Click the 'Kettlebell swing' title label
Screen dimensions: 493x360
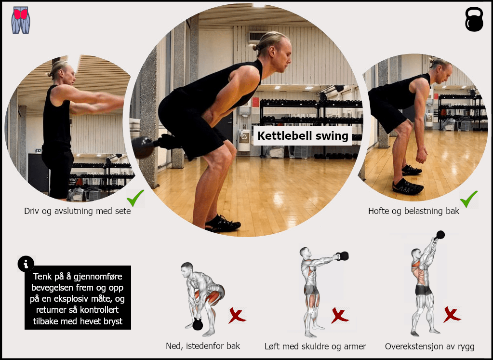pos(303,136)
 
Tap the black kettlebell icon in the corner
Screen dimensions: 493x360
pos(474,19)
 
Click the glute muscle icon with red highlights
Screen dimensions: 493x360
pos(21,20)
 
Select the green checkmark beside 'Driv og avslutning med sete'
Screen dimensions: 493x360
pos(135,198)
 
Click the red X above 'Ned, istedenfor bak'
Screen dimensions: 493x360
pos(237,316)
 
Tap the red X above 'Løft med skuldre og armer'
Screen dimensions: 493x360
pos(340,316)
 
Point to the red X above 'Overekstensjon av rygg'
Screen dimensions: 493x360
pos(452,314)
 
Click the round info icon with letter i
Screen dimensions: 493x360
pos(26,264)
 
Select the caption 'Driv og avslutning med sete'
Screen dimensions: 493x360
pos(77,211)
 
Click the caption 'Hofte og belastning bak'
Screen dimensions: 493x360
pos(413,211)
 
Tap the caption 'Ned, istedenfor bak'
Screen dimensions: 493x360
pos(203,346)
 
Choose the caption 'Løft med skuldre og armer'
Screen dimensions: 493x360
pos(315,347)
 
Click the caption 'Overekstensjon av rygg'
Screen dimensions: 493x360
pos(429,347)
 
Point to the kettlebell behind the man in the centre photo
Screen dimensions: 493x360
pos(143,147)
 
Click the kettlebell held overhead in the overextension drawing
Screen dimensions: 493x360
pos(440,235)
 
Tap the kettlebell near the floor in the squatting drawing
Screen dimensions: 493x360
pos(198,324)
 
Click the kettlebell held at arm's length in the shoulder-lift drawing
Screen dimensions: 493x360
pos(343,256)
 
